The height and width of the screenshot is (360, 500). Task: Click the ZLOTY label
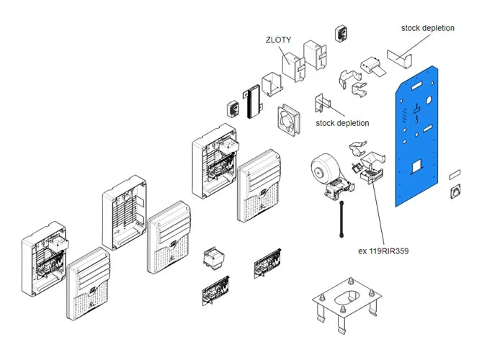pyautogui.click(x=278, y=40)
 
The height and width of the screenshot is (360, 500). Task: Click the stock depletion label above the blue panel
pyautogui.click(x=428, y=28)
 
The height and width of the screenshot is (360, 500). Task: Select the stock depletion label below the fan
pyautogui.click(x=342, y=123)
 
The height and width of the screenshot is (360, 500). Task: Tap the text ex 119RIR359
pyautogui.click(x=389, y=252)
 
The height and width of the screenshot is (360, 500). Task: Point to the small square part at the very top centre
pyautogui.click(x=340, y=35)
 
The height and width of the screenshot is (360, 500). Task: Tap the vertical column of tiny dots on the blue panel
pyautogui.click(x=406, y=114)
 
